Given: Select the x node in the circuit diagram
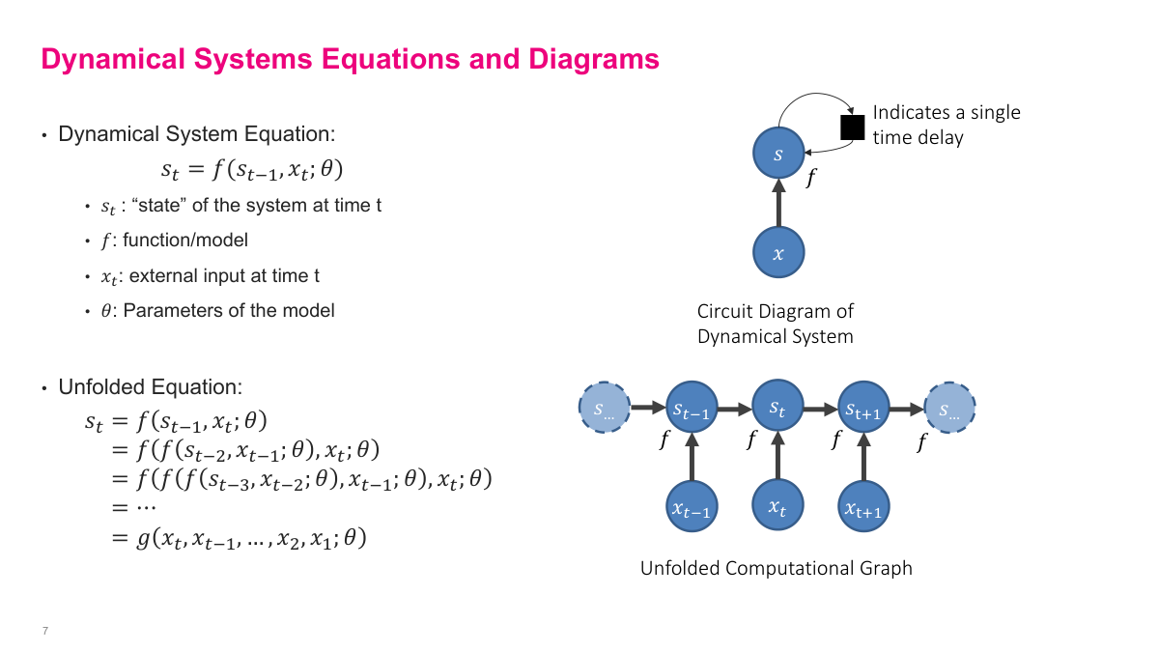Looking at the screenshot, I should pos(778,253).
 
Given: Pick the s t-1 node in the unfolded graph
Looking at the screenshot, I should pos(692,410).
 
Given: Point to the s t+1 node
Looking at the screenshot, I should pos(863,410).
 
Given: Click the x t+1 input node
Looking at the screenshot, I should pos(863,508).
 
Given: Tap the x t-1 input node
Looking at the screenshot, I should pos(692,508).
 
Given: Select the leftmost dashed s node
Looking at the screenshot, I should pos(605,410).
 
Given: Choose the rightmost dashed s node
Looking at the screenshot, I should pos(950,410).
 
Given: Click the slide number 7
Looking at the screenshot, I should pos(45,631).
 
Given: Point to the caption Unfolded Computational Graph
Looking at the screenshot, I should pos(776,568).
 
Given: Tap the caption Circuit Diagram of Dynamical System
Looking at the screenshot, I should pos(776,325).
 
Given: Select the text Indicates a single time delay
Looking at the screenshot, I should pos(946,125).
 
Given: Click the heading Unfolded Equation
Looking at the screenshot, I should pos(150,387).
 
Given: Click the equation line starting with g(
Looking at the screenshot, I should pos(240,539).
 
